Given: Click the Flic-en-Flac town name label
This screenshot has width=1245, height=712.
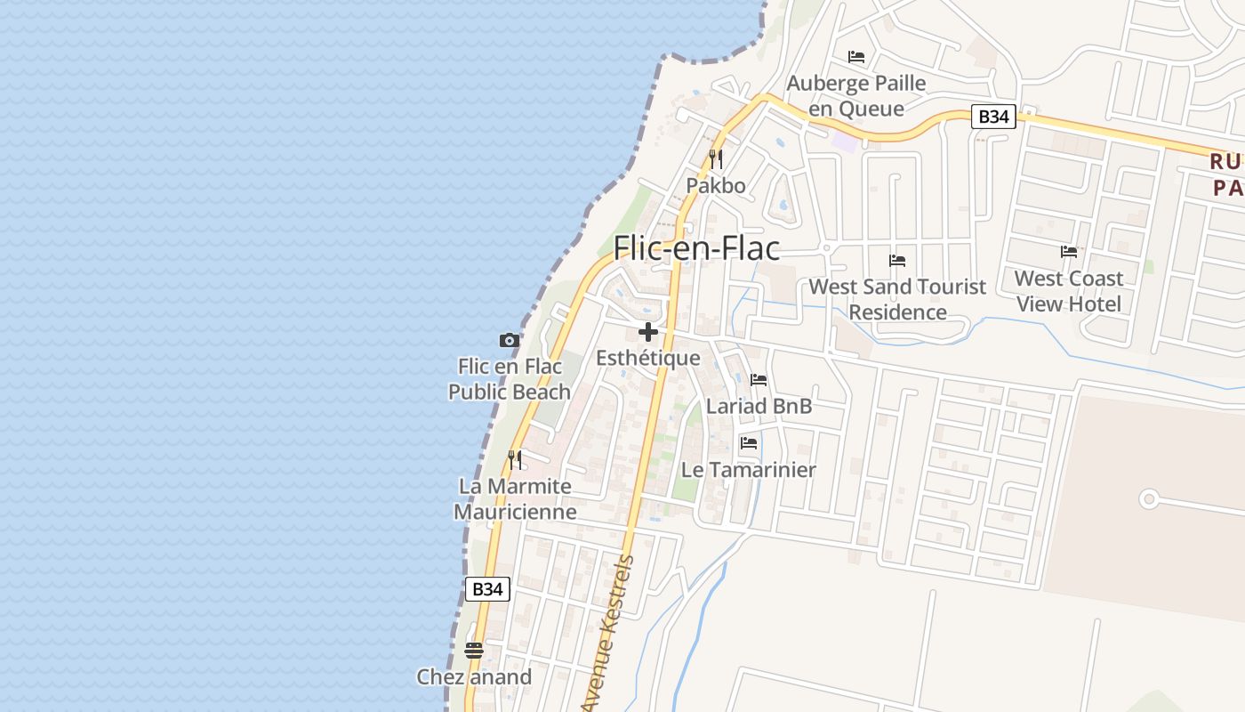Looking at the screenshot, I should tap(696, 248).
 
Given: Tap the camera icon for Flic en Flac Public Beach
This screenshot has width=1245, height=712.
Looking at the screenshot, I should tap(509, 340).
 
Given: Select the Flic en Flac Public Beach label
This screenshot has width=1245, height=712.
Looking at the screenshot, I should tap(510, 379).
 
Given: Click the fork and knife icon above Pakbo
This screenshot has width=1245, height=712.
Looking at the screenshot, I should tap(715, 159).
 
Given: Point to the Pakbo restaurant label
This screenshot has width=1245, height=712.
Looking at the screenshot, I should tap(715, 186).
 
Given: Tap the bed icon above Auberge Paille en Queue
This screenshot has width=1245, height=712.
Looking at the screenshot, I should tap(856, 57).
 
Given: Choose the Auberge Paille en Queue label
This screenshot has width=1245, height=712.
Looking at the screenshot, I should tap(856, 96).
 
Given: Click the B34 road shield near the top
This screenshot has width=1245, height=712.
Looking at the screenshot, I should tap(992, 117).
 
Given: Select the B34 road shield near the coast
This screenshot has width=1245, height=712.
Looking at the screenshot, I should tap(487, 588).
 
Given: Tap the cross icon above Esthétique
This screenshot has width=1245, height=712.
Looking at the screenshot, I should tap(648, 332).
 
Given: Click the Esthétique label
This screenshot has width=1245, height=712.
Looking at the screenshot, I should tap(648, 359).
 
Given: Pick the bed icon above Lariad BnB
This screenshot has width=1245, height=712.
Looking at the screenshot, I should tap(759, 379).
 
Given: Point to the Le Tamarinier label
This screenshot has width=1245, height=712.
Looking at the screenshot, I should tap(748, 470).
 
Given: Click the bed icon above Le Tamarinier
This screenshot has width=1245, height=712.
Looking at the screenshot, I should tap(749, 442).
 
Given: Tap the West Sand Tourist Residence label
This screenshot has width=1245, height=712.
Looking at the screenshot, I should tap(897, 299).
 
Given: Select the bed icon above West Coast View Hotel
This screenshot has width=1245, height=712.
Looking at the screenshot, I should tap(1069, 252).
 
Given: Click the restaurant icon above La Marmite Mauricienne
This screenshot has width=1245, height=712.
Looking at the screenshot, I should tap(515, 459).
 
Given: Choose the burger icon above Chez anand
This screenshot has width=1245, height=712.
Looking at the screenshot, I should tap(474, 650).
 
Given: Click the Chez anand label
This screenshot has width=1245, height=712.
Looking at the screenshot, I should tap(474, 676).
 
